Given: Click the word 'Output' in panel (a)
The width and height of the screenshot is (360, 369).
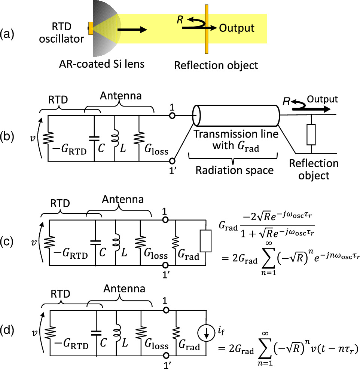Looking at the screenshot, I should (237, 28).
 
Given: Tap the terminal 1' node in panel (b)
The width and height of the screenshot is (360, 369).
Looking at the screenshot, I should (172, 161).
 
